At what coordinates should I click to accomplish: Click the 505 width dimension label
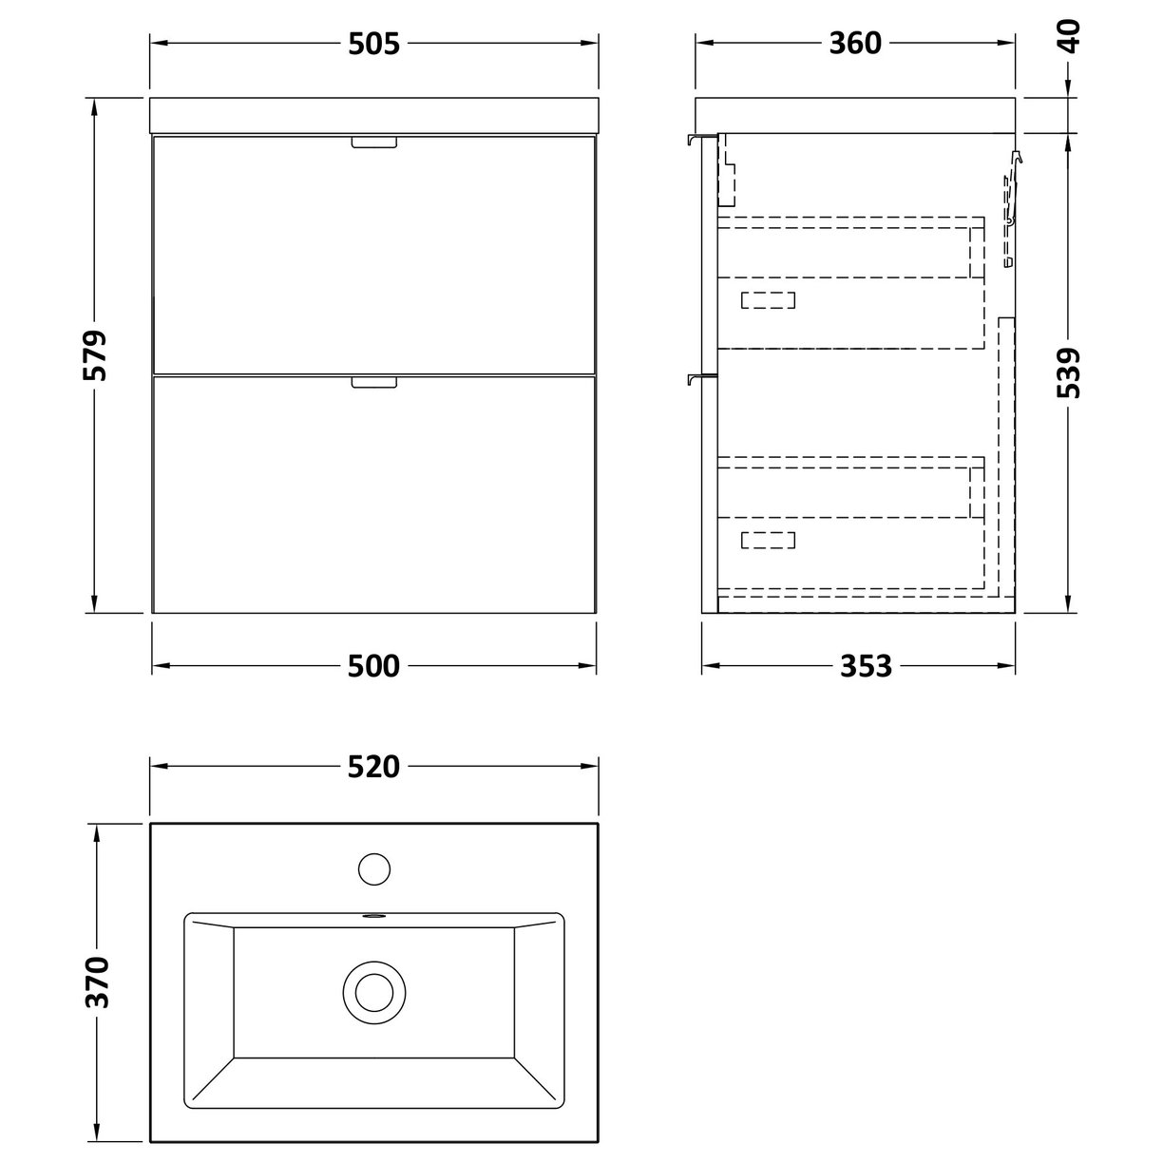373,43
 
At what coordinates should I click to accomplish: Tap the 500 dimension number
373,666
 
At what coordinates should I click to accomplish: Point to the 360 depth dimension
855,43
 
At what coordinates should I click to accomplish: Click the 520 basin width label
373,766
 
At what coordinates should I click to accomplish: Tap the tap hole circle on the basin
374,868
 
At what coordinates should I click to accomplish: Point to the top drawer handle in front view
374,143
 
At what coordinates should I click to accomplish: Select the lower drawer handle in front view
374,382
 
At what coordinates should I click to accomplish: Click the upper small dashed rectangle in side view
768,300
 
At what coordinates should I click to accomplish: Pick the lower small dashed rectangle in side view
768,540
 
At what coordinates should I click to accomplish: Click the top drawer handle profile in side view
700,141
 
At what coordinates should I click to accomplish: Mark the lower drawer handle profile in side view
700,380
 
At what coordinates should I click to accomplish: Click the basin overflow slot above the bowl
374,918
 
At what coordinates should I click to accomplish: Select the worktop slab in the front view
374,114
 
